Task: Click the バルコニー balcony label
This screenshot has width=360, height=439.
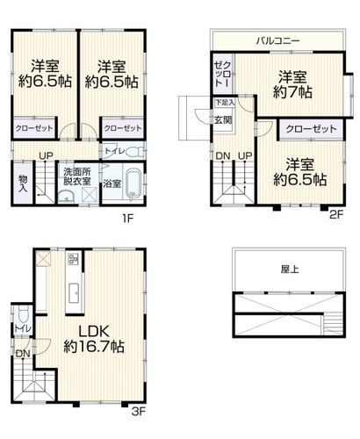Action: pos(277,40)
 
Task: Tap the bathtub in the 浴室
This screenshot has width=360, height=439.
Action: pos(133,184)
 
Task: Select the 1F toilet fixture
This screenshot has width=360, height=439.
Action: pos(136,152)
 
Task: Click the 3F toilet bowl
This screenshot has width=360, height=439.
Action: pos(23,315)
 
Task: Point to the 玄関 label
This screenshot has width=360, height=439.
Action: pos(223,119)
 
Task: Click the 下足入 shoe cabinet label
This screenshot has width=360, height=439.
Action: pos(225,103)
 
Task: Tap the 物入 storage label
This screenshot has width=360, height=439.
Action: pos(23,184)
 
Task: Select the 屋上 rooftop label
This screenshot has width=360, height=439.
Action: pos(290,270)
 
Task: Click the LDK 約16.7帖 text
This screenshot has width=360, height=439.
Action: pos(94,339)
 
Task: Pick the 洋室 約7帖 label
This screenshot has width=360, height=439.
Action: pos(292,84)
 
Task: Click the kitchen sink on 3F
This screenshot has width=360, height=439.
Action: pos(75,293)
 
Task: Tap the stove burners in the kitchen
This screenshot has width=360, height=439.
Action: pos(73,259)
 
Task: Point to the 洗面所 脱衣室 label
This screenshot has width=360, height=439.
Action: pos(77,176)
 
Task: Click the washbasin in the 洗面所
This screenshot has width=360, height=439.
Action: pos(67,196)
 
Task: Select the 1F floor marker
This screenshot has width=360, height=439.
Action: pos(128,219)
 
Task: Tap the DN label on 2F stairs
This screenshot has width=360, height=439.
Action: pos(223,156)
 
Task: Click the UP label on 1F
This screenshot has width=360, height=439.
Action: pos(47,156)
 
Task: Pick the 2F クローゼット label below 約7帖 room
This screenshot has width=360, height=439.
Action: pos(311,129)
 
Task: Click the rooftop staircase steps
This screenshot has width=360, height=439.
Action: pos(334,323)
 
